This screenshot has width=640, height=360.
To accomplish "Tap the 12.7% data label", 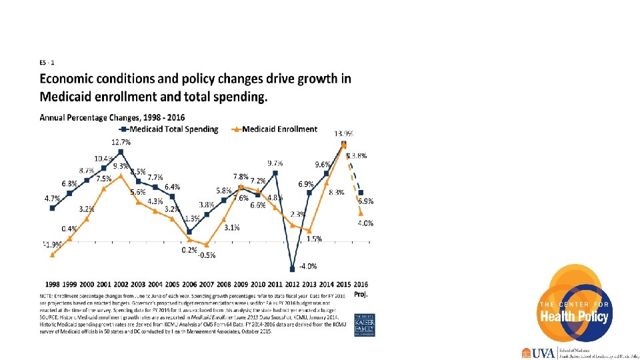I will point(121,142).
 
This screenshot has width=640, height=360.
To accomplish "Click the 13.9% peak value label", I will point(343,133).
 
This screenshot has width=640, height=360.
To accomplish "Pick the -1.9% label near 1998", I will point(52,244).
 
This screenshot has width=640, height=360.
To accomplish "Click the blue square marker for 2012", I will point(292,269).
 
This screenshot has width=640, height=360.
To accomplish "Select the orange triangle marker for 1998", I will point(52,254).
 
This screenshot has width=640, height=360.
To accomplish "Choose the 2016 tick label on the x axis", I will point(361,284).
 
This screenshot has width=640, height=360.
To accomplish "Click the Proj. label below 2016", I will point(361,293).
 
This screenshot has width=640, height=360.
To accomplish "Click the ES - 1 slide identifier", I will point(47,63).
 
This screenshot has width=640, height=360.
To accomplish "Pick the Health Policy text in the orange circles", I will point(575,316).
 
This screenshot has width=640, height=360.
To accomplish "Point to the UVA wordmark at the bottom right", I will point(545,353).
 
